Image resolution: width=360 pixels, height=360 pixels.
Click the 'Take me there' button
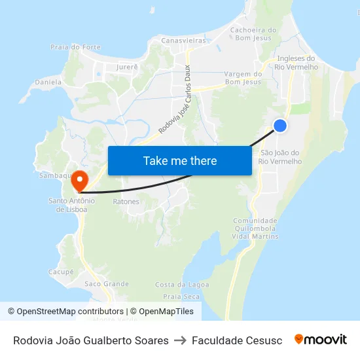(179, 161)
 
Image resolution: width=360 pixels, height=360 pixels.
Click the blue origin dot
(280, 126)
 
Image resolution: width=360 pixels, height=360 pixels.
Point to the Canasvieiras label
(183, 41)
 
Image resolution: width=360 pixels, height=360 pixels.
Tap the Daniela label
(48, 82)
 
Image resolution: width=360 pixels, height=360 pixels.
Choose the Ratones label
(126, 202)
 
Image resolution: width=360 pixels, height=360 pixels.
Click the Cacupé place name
(61, 271)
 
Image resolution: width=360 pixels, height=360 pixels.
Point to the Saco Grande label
(107, 284)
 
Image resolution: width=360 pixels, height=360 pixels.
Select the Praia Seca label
(181, 297)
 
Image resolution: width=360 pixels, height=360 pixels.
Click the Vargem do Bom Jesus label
(242, 78)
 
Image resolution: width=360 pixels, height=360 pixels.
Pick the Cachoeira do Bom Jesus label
(253, 34)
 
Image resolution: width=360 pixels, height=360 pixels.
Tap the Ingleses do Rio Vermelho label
(297, 62)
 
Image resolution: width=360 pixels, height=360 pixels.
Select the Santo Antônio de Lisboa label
(72, 205)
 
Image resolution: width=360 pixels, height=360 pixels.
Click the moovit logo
(320, 340)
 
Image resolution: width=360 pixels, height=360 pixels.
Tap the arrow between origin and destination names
(180, 340)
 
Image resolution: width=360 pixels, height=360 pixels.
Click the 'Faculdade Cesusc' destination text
(237, 340)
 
